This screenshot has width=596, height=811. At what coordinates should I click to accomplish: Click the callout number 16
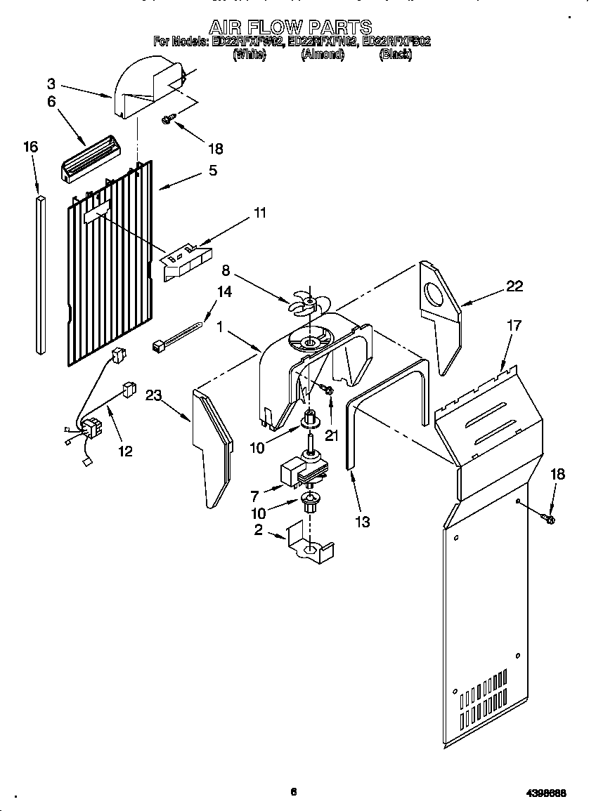(30, 147)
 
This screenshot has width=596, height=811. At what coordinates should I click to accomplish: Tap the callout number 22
(514, 286)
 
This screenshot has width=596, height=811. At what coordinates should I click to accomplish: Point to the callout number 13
(363, 521)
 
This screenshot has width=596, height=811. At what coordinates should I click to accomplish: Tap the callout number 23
(154, 396)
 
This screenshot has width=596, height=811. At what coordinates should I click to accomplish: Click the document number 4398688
(546, 793)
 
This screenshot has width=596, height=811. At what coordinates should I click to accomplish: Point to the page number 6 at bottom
(294, 791)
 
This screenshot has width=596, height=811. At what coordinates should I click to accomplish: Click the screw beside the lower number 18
(548, 519)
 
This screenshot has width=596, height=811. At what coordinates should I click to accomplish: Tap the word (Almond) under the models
(322, 55)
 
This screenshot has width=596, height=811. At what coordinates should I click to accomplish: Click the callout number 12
(125, 451)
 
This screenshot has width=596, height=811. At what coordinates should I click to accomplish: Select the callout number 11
(260, 213)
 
